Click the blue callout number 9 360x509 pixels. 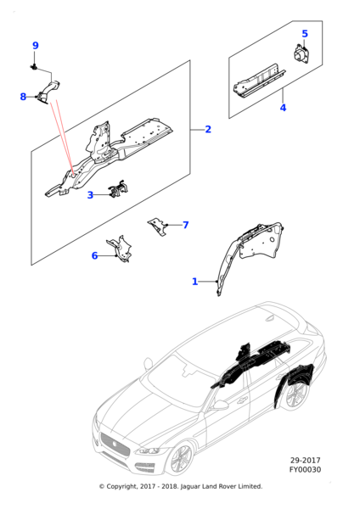pyautogui.click(x=36, y=46)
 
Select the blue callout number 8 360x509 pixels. pyautogui.click(x=23, y=97)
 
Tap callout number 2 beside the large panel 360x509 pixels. pyautogui.click(x=208, y=129)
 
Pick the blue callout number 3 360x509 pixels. pyautogui.click(x=283, y=108)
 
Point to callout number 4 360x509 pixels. pyautogui.click(x=305, y=34)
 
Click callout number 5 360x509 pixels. pyautogui.click(x=94, y=256)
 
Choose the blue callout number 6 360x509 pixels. pyautogui.click(x=186, y=225)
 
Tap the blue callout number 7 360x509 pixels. pyautogui.click(x=195, y=282)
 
